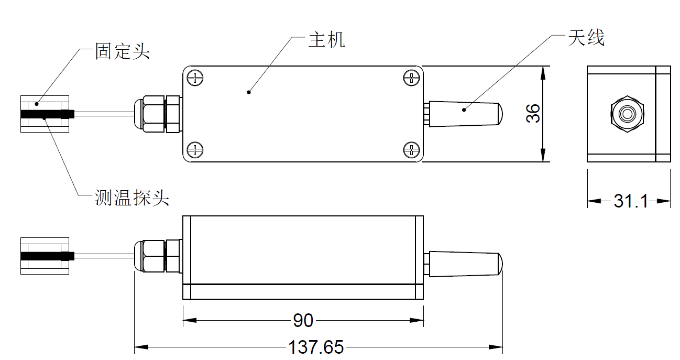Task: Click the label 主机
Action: pos(327,40)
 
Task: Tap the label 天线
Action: pos(586,38)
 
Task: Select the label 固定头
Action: pos(123,51)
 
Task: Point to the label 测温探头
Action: pos(131,198)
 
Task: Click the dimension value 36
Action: pos(533,113)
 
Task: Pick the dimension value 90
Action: pos(303,320)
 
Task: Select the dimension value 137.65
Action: pos(316,347)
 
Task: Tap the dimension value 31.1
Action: pos(631,201)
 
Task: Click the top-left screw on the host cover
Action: pos(195,78)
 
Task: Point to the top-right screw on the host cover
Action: pos(411,78)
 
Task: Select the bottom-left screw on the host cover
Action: pos(195,150)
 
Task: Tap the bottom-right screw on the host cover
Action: pos(411,150)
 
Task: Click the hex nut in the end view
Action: pos(627,114)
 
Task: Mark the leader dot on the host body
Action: pos(249,92)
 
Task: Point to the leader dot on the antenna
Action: pos(464,110)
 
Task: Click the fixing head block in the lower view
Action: pos(45,256)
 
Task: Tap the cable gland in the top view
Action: pos(158,114)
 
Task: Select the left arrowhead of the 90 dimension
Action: pos(190,320)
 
